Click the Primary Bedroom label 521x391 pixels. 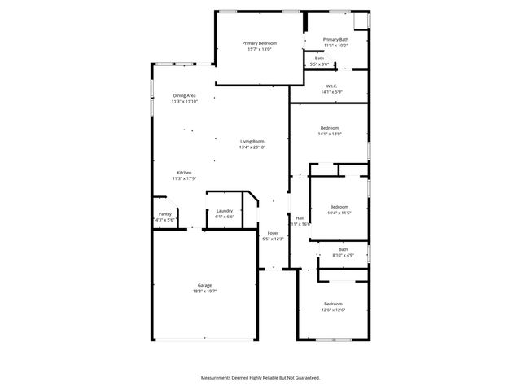(259, 43)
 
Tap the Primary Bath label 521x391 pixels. (335, 39)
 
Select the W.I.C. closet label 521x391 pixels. (331, 86)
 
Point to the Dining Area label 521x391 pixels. (184, 95)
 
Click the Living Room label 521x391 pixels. (252, 141)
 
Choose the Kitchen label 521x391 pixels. (185, 173)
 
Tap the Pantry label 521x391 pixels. (164, 213)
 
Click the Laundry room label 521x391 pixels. (225, 211)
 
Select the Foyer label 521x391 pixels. (273, 233)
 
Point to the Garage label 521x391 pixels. (204, 285)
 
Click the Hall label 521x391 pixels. (300, 217)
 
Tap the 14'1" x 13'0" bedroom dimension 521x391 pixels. (330, 134)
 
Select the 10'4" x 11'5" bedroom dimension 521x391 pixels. (339, 213)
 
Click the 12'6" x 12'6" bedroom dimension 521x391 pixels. (333, 310)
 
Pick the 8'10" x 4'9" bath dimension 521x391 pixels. (343, 255)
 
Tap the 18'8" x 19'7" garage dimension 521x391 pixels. (204, 291)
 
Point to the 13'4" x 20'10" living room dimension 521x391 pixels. (252, 147)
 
